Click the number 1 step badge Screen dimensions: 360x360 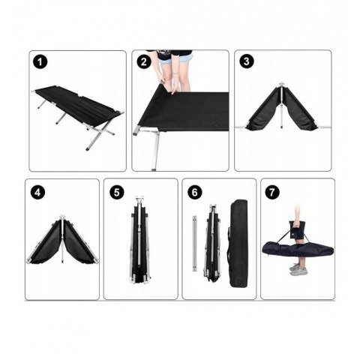(40, 62)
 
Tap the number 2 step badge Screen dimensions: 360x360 (144, 61)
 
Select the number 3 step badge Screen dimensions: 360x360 (247, 61)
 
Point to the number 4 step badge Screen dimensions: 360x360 (37, 193)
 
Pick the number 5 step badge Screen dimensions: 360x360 (117, 193)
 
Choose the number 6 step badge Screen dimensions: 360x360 (195, 193)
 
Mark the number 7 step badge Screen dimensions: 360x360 (272, 192)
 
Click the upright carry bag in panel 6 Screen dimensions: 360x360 (238, 243)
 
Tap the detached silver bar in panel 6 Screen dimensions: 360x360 (194, 243)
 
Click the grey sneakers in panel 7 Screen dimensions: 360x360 (298, 269)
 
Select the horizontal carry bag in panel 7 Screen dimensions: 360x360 (298, 250)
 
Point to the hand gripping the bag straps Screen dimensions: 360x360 (296, 225)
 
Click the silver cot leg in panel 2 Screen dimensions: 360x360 (156, 149)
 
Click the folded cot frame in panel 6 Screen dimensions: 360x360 (212, 243)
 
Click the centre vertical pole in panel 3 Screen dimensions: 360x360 (282, 106)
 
